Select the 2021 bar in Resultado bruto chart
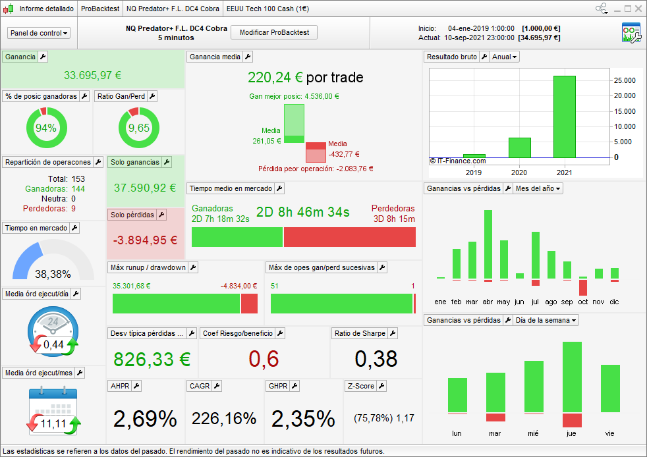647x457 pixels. tap(564, 117)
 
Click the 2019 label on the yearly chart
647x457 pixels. tap(474, 173)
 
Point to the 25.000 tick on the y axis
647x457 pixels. tap(625, 80)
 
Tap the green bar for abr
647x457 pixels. tap(488, 244)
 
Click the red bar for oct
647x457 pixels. tap(583, 287)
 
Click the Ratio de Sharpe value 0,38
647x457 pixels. tap(376, 359)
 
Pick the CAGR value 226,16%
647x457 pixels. tap(224, 418)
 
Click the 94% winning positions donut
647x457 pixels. tap(46, 128)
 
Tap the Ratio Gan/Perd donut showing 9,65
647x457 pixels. tap(138, 128)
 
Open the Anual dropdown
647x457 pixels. tap(505, 57)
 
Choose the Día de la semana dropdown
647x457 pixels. tap(547, 320)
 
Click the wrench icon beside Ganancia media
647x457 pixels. tap(248, 57)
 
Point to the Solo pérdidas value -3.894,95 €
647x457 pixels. tap(145, 240)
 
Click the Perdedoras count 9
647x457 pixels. tap(73, 209)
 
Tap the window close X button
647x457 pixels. tap(638, 9)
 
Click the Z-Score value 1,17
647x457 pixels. tap(405, 418)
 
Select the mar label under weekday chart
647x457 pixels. tap(495, 433)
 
